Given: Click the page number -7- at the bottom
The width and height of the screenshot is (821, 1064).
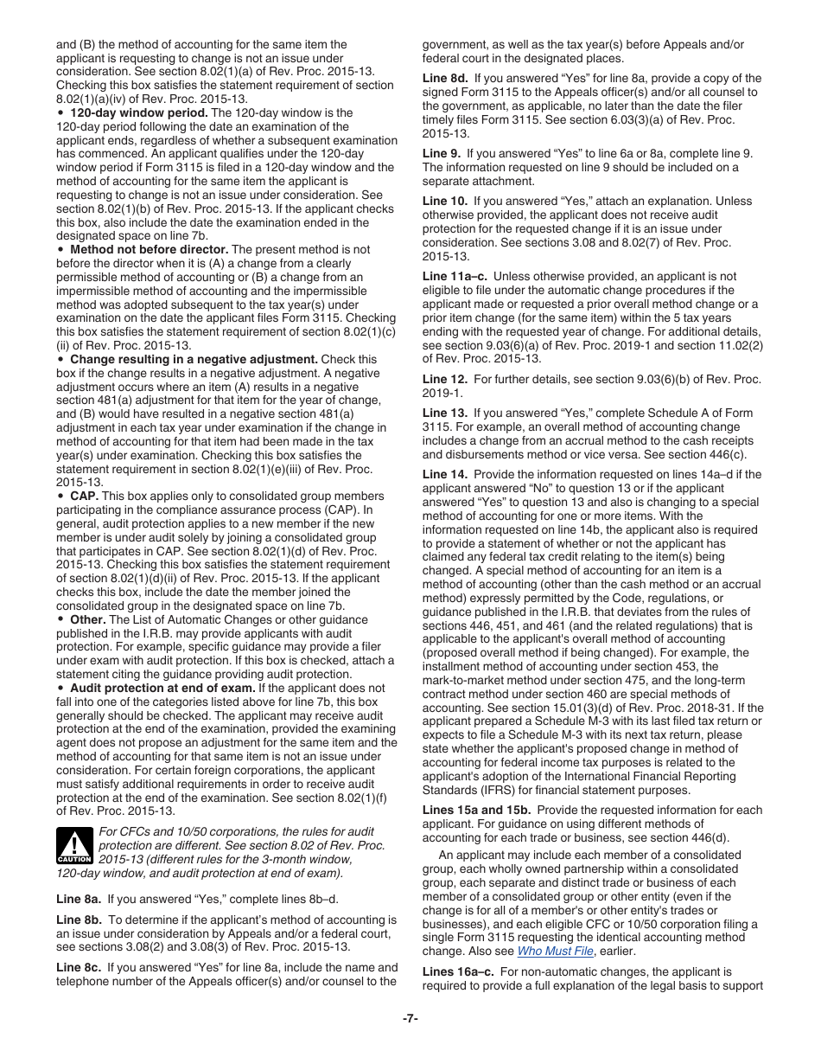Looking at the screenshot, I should [410, 1018].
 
